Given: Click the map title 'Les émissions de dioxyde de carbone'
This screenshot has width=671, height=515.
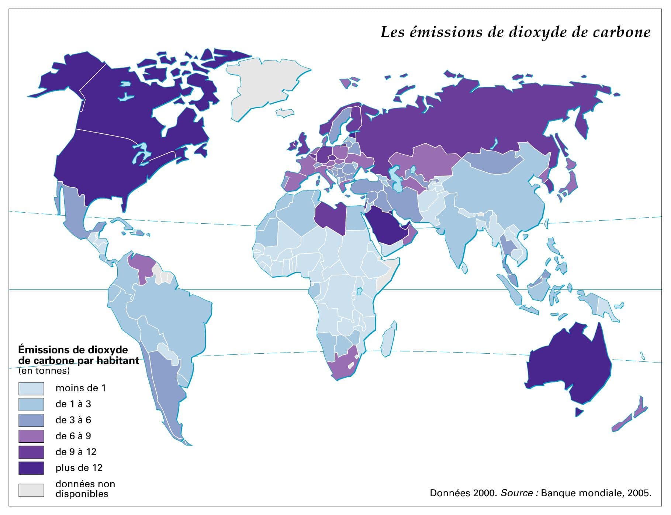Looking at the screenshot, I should coord(515,32).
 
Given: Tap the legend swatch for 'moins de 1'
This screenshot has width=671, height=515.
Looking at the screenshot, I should coord(31,388).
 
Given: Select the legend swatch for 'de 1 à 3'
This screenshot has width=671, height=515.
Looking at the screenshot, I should coord(31,404).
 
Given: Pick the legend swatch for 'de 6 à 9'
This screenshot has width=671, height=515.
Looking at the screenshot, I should coord(31,436).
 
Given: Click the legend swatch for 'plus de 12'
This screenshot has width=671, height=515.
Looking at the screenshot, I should coord(31,468).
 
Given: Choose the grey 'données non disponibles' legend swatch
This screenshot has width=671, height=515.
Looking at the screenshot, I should coord(31,490).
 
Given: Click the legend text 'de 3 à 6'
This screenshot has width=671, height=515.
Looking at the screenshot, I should coord(73,420).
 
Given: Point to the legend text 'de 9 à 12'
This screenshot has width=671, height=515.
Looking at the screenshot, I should coord(76,452).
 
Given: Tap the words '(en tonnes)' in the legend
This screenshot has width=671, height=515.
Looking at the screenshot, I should coord(44,371).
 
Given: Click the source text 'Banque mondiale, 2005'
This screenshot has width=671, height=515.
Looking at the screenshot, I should coord(595,493).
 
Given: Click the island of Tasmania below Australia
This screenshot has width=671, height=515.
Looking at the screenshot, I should coord(579,412).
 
